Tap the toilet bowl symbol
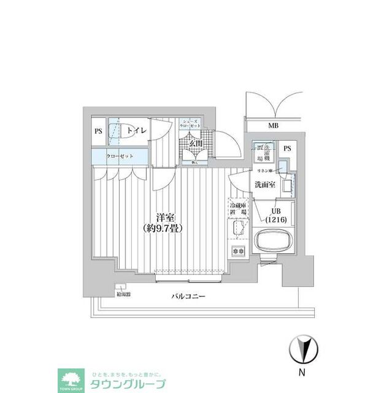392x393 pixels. coord(113,131)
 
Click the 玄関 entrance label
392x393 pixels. coord(195,143)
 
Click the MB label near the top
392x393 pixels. coord(272,126)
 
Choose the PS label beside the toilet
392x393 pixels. coord(98,131)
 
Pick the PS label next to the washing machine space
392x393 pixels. coord(286,148)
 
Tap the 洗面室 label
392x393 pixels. coord(265,184)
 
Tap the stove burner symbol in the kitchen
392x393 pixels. coord(238,251)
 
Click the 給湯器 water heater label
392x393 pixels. coord(123,294)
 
